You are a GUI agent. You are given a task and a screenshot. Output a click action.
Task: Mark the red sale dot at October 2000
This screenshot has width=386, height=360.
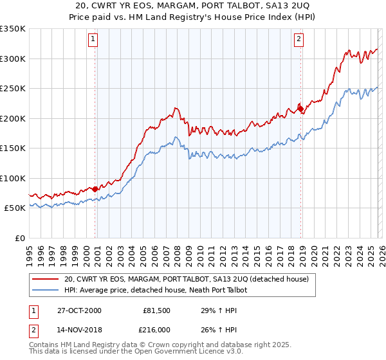click(x=95, y=189)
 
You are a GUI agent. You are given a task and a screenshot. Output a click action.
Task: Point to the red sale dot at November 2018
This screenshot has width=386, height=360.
click(x=300, y=109)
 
